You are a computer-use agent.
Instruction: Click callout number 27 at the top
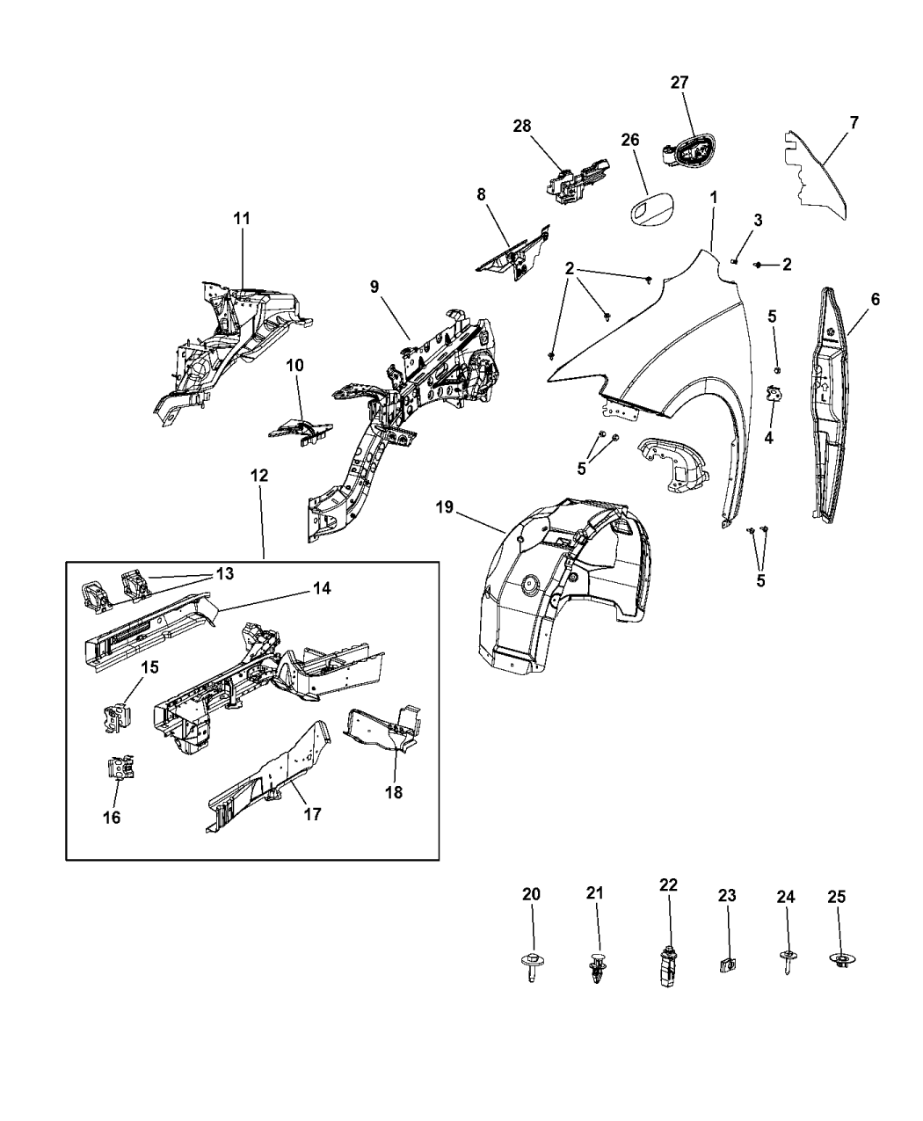coord(680,82)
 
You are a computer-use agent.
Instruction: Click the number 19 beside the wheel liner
coord(445,508)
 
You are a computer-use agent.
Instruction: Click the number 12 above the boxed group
coord(259,475)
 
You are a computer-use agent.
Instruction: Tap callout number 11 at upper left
coord(242,219)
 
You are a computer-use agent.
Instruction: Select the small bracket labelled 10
coord(302,430)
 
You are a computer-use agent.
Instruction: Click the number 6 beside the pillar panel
coord(875,300)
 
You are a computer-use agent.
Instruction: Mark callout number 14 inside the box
coord(321,589)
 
